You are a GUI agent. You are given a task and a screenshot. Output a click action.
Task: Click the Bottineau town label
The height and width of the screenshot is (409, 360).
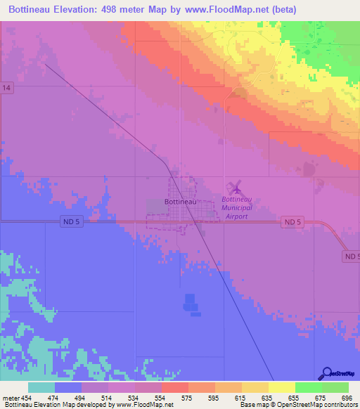pos(180,202)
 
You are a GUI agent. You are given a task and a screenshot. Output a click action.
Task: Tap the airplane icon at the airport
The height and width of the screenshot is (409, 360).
pos(236,188)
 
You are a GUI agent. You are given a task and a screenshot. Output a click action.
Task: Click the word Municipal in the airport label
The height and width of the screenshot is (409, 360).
pos(236,208)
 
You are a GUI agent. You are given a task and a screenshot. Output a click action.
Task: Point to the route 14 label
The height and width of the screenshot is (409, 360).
pos(6,87)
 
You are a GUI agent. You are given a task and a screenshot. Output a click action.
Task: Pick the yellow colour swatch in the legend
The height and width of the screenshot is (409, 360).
pos(282,387)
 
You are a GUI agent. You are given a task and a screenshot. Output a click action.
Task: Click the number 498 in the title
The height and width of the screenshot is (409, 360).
pos(113,10)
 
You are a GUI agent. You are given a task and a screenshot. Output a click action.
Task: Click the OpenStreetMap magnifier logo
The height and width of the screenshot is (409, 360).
pos(326,373)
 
